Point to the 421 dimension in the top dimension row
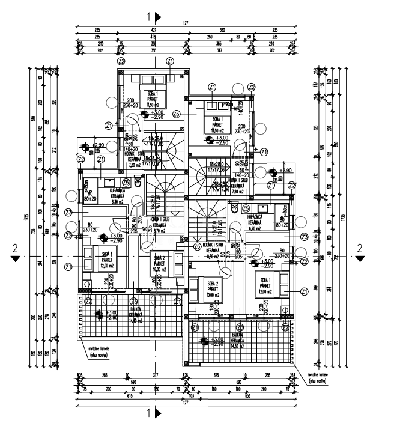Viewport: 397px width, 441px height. tap(153, 30)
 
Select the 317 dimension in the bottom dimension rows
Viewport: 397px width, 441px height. tap(156, 376)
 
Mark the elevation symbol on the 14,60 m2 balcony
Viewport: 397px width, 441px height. tap(100, 313)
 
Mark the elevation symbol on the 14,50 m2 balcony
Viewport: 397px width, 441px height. tap(205, 341)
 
